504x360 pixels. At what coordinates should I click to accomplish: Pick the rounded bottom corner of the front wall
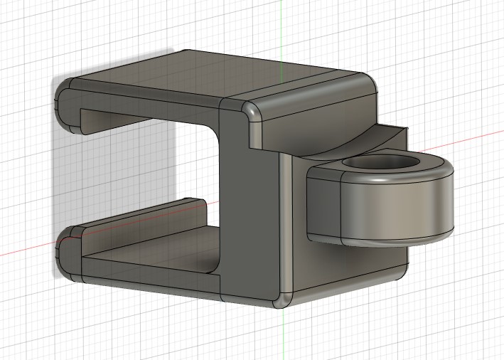point(282,299)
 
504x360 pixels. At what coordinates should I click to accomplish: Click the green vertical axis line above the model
point(282,28)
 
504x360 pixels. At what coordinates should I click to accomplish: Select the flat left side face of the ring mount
point(323,206)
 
